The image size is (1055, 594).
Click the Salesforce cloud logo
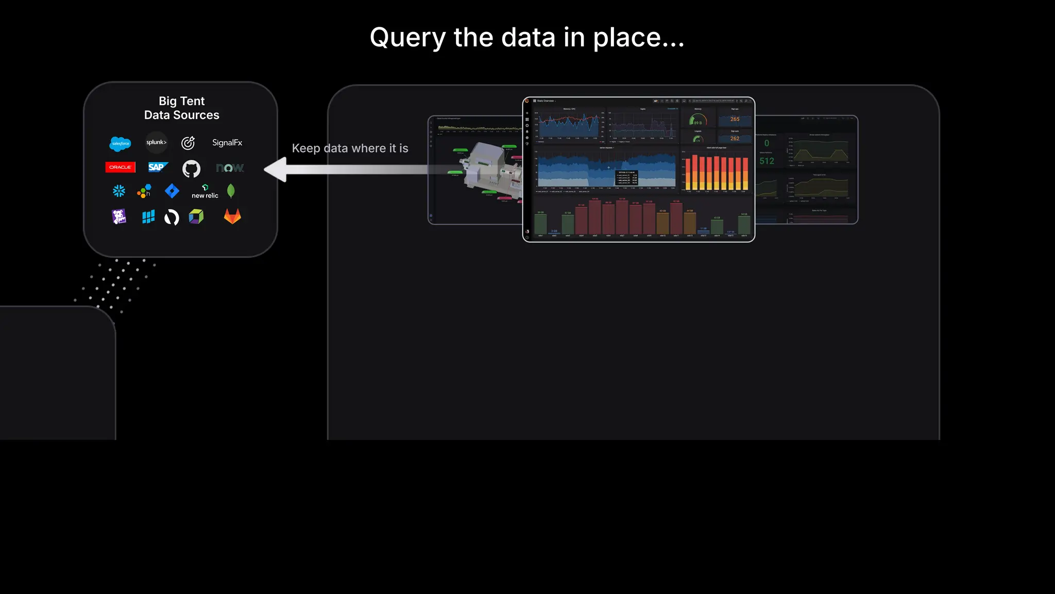(x=121, y=143)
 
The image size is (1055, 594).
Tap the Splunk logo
(x=156, y=142)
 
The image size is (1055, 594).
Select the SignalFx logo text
(x=227, y=143)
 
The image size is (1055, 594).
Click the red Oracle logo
(x=120, y=167)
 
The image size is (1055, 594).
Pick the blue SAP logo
(x=157, y=167)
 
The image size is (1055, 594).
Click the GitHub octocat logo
(x=191, y=169)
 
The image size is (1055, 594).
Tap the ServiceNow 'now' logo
(x=230, y=168)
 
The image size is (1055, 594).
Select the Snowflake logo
(x=119, y=191)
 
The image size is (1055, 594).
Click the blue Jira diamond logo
(x=172, y=191)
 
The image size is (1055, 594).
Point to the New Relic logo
(x=205, y=192)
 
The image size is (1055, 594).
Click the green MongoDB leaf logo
(x=231, y=191)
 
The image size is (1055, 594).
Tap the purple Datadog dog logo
(x=119, y=217)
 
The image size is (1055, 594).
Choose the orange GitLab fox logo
(x=232, y=217)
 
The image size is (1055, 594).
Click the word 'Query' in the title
(x=407, y=38)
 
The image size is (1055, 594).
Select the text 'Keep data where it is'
(x=350, y=148)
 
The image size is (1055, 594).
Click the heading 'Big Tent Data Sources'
(x=182, y=108)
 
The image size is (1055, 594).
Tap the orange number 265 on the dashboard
(x=735, y=119)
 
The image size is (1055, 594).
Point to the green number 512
(x=767, y=161)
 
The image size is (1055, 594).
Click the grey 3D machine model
(x=487, y=168)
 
